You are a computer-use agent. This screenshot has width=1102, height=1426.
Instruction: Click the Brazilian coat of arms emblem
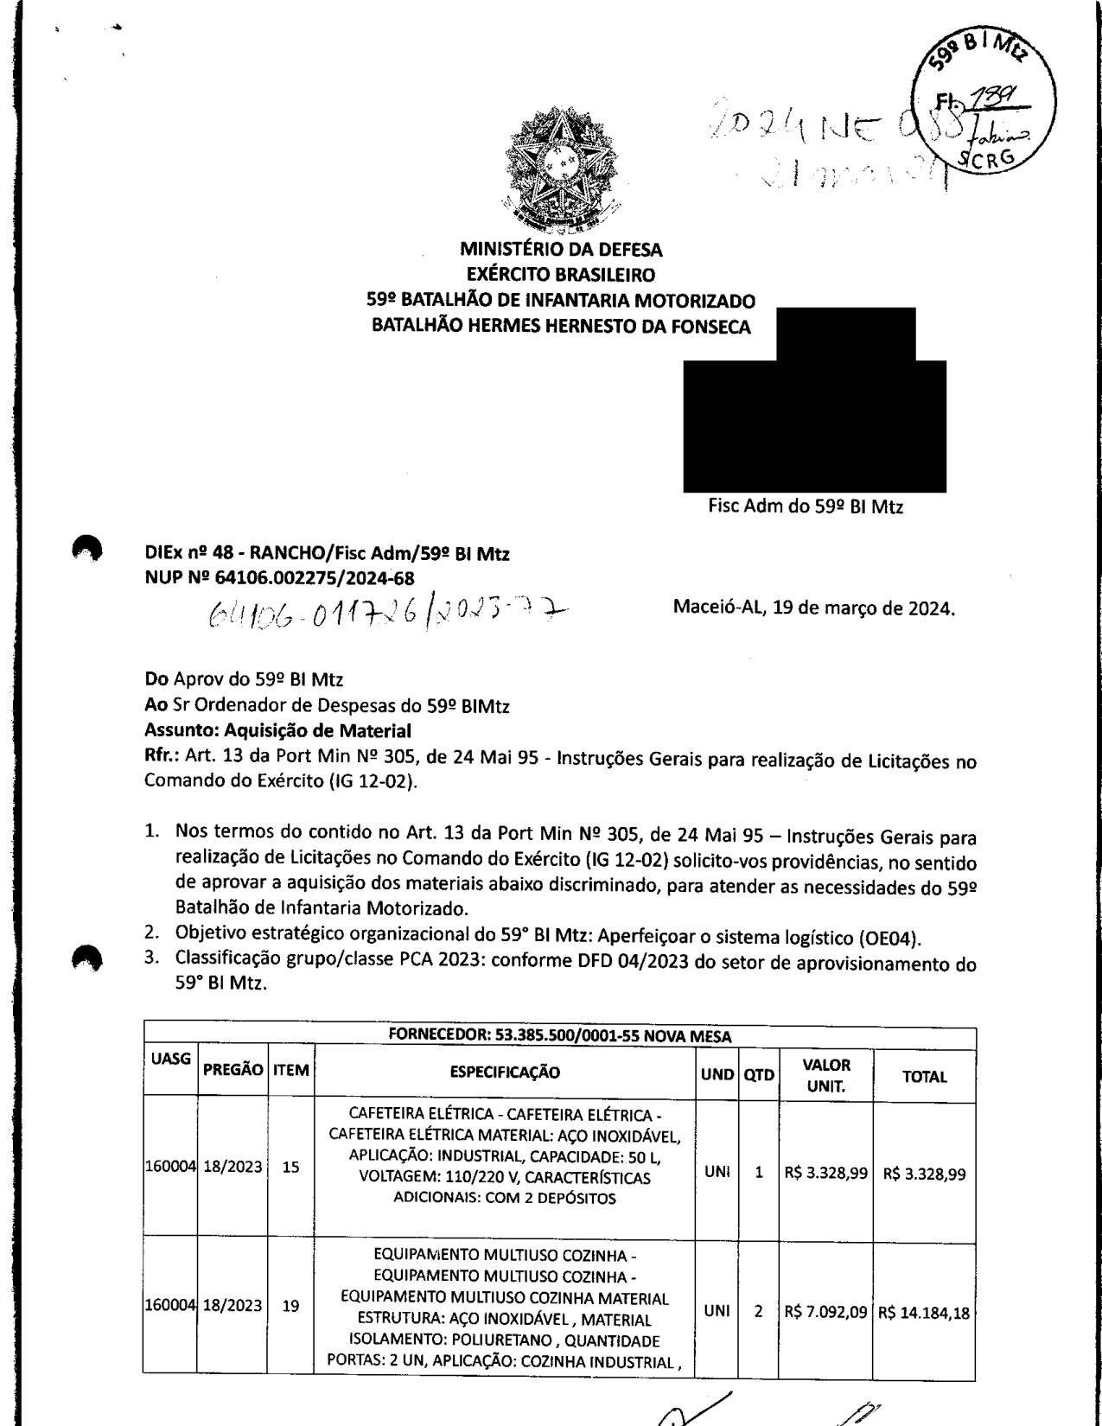[x=560, y=172]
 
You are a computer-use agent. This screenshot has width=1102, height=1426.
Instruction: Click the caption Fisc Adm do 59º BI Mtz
[x=806, y=507]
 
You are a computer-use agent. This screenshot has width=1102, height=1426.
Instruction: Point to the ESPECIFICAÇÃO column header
[x=505, y=1073]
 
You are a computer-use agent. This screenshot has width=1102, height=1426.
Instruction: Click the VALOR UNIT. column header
[x=826, y=1075]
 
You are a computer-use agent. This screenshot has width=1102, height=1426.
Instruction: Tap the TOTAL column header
[x=924, y=1077]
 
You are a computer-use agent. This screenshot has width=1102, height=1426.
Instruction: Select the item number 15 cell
[x=290, y=1167]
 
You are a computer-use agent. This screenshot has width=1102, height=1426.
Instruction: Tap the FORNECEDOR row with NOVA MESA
[x=560, y=1036]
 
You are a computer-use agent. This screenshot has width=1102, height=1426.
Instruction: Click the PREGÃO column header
[x=233, y=1070]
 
